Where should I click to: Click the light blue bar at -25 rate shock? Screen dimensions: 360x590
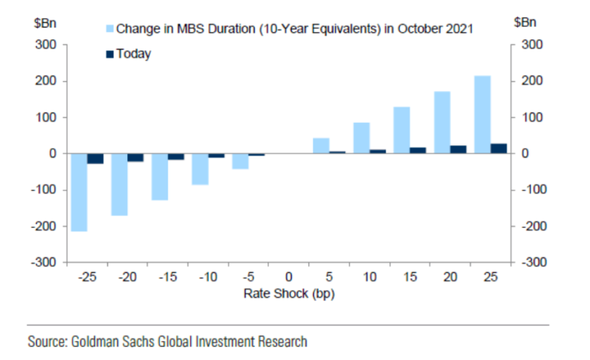[x=79, y=192]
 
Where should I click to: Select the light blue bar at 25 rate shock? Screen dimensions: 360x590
[x=482, y=115]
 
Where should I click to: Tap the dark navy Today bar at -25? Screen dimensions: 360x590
[x=95, y=159]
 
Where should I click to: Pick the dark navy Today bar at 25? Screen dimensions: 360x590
[x=499, y=149]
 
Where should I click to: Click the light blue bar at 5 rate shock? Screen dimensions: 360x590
[x=321, y=145]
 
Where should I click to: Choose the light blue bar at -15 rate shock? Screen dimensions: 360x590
[x=160, y=177]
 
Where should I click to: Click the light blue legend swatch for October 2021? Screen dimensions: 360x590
[x=109, y=29]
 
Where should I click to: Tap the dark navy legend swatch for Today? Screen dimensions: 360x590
[x=109, y=53]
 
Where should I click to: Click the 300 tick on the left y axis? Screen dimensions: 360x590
[x=46, y=46]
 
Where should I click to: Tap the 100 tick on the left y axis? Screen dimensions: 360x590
[x=46, y=118]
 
